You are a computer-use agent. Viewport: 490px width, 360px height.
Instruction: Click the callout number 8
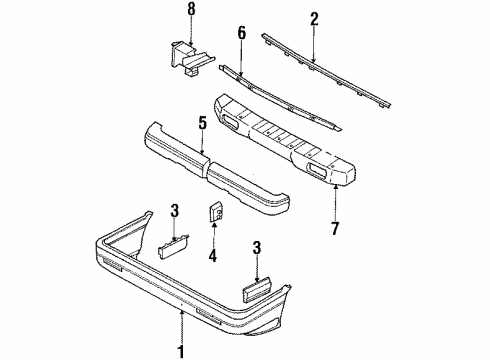point(191,9)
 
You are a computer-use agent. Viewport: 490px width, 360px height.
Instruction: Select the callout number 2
point(314,19)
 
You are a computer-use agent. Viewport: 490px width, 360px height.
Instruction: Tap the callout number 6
point(242,33)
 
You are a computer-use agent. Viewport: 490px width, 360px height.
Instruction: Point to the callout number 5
point(202,123)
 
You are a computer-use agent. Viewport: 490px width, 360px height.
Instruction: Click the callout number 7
point(335,228)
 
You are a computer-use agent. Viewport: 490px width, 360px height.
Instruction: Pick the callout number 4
point(213,256)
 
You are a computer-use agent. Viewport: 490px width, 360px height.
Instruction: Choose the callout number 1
point(181,352)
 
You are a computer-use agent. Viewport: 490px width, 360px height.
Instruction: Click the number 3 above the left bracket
point(175,211)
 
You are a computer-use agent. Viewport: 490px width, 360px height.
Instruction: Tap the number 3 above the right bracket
point(256,248)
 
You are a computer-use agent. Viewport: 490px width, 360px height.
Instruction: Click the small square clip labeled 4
point(216,212)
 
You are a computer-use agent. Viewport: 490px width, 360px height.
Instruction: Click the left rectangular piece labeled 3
point(173,246)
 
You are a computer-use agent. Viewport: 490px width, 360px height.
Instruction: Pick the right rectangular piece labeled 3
point(258,288)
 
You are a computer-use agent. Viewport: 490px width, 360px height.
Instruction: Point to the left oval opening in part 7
point(229,121)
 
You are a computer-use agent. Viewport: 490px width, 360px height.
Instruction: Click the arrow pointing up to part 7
point(335,203)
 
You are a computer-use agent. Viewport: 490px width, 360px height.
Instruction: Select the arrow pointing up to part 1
point(182,326)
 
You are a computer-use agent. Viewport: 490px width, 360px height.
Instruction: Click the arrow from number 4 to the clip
point(213,236)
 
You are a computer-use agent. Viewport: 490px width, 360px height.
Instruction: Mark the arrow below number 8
point(191,31)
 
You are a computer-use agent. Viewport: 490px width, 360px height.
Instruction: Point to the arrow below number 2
point(313,44)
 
